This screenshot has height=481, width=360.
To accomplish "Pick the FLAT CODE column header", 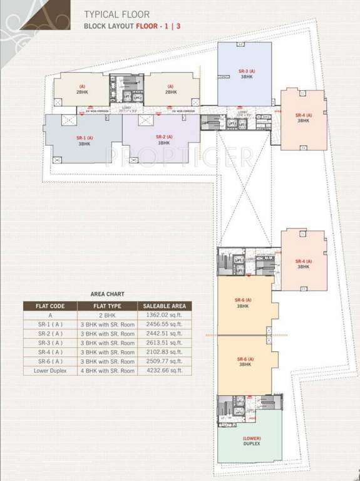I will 49,306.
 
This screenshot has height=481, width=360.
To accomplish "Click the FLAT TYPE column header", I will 108,306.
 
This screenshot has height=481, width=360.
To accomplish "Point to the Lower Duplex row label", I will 49,371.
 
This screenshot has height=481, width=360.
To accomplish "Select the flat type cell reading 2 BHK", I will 108,316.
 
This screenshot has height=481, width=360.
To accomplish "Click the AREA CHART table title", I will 108,293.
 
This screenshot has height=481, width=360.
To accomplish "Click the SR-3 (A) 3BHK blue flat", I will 245,74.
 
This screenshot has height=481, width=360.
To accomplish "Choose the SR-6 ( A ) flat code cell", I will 49,361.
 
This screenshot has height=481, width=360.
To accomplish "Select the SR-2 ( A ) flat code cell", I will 49,334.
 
